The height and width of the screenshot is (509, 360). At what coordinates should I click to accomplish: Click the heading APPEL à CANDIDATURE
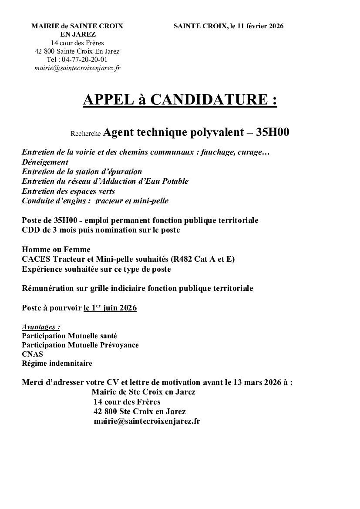[x=180, y=100]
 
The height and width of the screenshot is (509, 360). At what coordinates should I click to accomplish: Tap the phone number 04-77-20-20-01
[x=84, y=59]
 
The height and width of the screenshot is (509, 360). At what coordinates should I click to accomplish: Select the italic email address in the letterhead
[x=77, y=68]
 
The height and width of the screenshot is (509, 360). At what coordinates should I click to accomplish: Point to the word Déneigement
[x=45, y=162]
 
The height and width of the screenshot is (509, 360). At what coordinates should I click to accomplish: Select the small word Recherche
[x=86, y=134]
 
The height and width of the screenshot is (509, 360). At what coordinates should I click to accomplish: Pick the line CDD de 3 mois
[x=101, y=230]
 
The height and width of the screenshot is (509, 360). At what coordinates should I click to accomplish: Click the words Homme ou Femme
[x=56, y=249]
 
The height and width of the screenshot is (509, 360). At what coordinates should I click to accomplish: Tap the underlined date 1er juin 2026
[x=110, y=308]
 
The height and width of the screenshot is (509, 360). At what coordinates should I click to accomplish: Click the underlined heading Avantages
[x=40, y=327]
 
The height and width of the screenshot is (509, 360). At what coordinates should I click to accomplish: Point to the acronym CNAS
[x=32, y=354]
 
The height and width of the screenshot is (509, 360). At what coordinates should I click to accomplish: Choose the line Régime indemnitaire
[x=57, y=363]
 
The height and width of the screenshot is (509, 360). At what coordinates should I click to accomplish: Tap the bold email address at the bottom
[x=147, y=421]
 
